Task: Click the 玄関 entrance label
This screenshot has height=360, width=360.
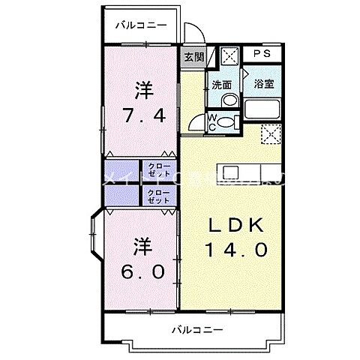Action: (x=193, y=56)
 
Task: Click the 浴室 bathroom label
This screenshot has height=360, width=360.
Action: (x=263, y=84)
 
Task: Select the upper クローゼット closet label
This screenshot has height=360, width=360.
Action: (x=158, y=169)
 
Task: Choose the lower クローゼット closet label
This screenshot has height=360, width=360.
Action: (x=158, y=196)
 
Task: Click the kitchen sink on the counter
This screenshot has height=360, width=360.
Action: (x=229, y=171)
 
